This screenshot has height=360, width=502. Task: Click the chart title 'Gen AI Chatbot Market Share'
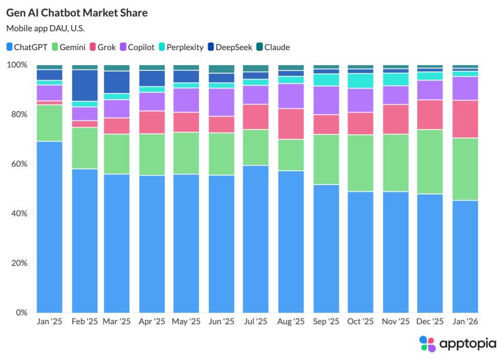tap(73, 13)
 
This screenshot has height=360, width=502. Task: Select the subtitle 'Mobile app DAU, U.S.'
tap(45, 28)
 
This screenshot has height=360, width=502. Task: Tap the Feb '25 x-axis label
tap(85, 321)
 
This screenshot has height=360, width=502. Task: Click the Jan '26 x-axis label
tap(465, 321)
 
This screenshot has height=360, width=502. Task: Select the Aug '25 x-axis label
tap(292, 321)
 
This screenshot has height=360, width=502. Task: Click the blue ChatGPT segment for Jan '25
tap(50, 226)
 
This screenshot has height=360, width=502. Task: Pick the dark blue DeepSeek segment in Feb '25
tap(85, 85)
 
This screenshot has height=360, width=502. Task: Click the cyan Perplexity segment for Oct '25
tap(361, 81)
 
